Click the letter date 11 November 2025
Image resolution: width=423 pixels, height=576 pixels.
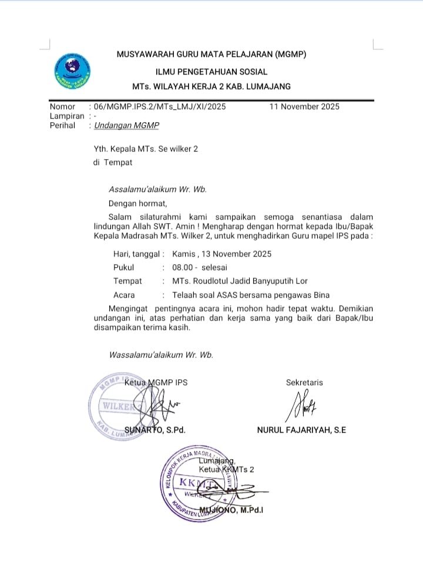pyautogui.click(x=304, y=107)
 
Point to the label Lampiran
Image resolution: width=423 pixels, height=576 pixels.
pyautogui.click(x=67, y=116)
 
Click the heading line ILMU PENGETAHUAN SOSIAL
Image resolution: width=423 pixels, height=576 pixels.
pyautogui.click(x=211, y=72)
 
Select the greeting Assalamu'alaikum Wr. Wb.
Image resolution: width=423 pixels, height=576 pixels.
pyautogui.click(x=157, y=190)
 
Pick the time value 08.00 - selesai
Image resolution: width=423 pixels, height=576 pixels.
pyautogui.click(x=199, y=267)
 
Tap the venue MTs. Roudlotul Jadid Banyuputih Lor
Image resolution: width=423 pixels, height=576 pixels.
pyautogui.click(x=240, y=281)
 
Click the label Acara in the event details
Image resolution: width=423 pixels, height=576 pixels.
pyautogui.click(x=124, y=295)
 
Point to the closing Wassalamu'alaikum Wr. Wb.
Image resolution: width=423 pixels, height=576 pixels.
pyautogui.click(x=161, y=355)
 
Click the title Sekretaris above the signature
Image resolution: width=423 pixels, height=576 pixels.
pyautogui.click(x=304, y=382)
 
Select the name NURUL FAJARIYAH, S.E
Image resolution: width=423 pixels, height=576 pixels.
pyautogui.click(x=301, y=430)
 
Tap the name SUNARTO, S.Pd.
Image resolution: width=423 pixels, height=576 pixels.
pyautogui.click(x=155, y=430)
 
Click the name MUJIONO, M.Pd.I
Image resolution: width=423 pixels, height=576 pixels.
pyautogui.click(x=231, y=510)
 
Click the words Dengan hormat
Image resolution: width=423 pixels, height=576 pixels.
pyautogui.click(x=137, y=204)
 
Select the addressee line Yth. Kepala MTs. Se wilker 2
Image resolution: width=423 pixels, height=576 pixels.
pyautogui.click(x=145, y=149)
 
